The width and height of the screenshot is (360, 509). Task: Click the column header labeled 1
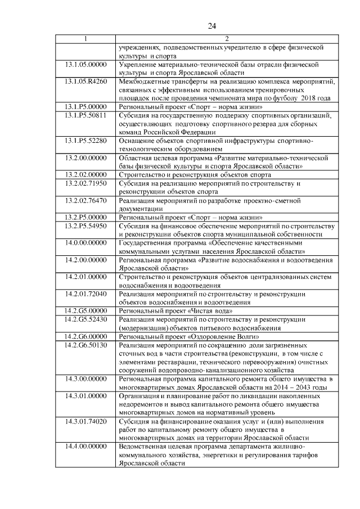85,39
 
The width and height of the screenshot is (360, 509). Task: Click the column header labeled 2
226,39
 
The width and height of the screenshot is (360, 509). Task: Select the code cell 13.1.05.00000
85,65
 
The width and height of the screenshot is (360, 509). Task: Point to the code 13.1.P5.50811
85,115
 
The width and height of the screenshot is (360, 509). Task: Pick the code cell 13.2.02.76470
85,200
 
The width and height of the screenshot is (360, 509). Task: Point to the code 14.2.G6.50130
85,344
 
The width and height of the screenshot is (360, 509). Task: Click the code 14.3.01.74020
85,421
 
